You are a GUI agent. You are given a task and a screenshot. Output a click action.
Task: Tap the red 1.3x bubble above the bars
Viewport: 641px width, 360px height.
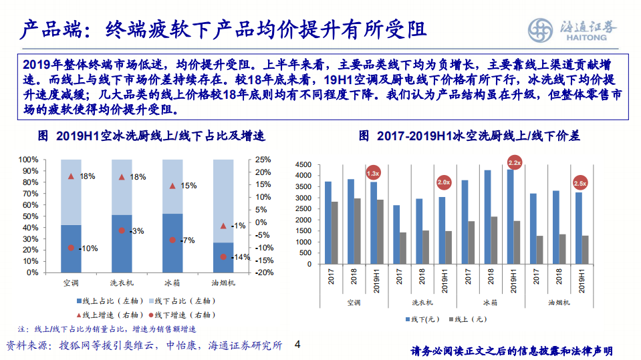coord(373,173)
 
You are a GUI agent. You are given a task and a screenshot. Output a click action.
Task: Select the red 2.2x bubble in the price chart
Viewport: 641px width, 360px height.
coord(515,162)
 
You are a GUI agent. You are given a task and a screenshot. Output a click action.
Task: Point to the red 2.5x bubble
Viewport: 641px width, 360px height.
coord(580,183)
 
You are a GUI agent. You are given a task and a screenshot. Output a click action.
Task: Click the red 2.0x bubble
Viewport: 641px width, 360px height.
coord(443,182)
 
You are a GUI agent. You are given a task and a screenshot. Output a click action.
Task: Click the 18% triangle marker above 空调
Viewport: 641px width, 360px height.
coord(71,176)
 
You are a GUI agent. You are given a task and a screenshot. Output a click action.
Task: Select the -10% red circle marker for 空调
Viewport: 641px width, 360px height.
coord(71,248)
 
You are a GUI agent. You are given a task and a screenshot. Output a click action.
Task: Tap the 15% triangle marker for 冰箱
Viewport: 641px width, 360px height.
coord(172,186)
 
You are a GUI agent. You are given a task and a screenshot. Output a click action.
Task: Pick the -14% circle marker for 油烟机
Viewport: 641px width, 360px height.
coord(223,256)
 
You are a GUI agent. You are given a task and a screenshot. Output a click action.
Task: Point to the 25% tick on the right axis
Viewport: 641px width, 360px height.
coord(263,160)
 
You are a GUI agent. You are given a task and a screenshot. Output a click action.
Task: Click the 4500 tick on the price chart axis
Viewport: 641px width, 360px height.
coord(303,164)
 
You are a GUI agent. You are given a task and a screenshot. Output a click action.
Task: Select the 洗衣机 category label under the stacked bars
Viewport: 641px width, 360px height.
coord(122,283)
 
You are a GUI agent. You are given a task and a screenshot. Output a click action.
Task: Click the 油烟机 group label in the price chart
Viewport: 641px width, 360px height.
coord(559,302)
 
